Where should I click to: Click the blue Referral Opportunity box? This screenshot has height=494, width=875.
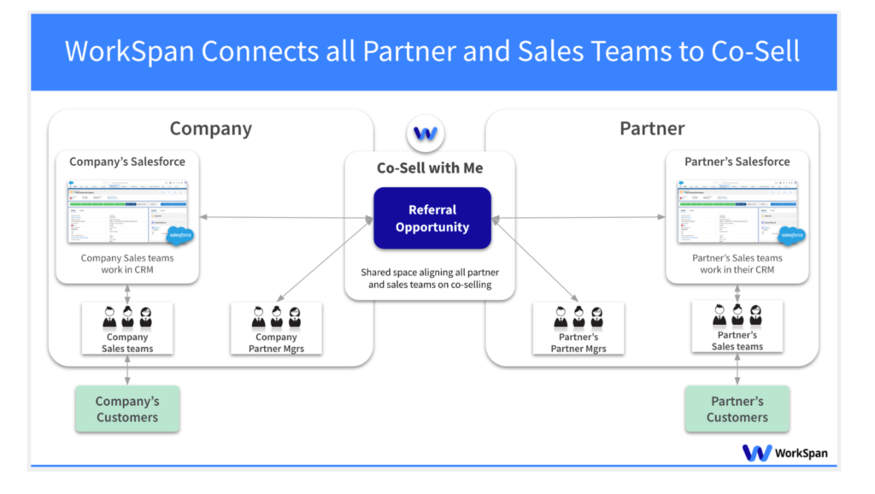click(x=432, y=219)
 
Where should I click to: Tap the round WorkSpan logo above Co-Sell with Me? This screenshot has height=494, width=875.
click(x=426, y=133)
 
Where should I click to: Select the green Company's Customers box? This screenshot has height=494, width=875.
click(x=127, y=409)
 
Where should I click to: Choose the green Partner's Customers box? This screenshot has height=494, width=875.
click(x=737, y=409)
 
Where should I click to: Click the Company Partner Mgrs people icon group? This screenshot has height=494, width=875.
click(x=276, y=317)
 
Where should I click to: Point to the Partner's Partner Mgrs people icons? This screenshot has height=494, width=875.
click(x=578, y=317)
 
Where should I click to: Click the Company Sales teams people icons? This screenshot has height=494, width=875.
click(x=127, y=317)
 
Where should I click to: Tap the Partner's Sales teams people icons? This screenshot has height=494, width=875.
click(x=737, y=315)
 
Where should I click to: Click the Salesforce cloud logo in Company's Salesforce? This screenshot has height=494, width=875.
click(x=180, y=236)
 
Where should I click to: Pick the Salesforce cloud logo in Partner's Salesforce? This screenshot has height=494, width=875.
click(x=790, y=236)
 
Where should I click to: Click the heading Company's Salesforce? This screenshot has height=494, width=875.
click(x=127, y=162)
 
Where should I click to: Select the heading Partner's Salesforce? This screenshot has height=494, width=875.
click(x=737, y=162)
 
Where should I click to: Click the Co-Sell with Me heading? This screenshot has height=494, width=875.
click(x=430, y=168)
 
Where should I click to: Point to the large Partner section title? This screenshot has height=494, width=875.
click(x=652, y=128)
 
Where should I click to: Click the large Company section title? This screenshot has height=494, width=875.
click(x=210, y=128)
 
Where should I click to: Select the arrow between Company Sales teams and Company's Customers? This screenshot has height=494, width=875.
click(x=127, y=370)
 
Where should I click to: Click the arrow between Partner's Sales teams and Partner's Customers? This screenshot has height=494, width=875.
click(x=737, y=369)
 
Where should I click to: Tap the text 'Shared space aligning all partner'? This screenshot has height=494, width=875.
click(x=430, y=272)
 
